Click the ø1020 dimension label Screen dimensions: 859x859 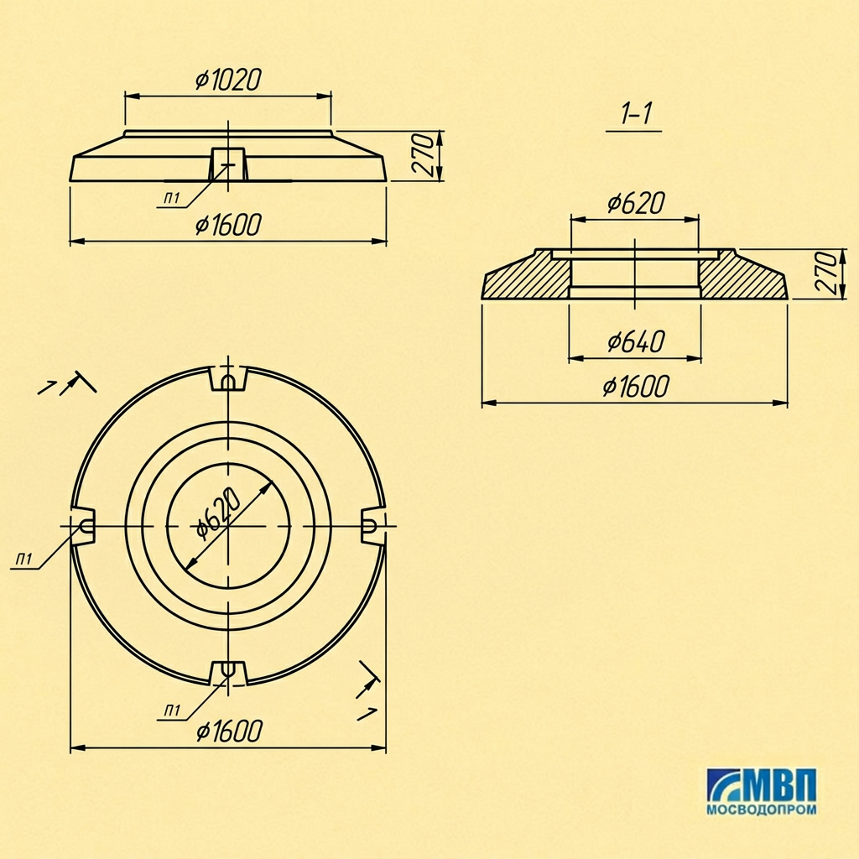coord(228,80)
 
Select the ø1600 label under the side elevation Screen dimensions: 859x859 coord(228,225)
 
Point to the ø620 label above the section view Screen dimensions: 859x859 coord(636,203)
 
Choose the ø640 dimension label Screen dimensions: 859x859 coord(636,342)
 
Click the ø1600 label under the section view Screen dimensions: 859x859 coord(636,386)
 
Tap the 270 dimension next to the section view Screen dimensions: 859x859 coord(827,273)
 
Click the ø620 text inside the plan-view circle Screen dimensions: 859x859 coord(218,513)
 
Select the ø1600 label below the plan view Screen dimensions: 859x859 coord(229,731)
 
